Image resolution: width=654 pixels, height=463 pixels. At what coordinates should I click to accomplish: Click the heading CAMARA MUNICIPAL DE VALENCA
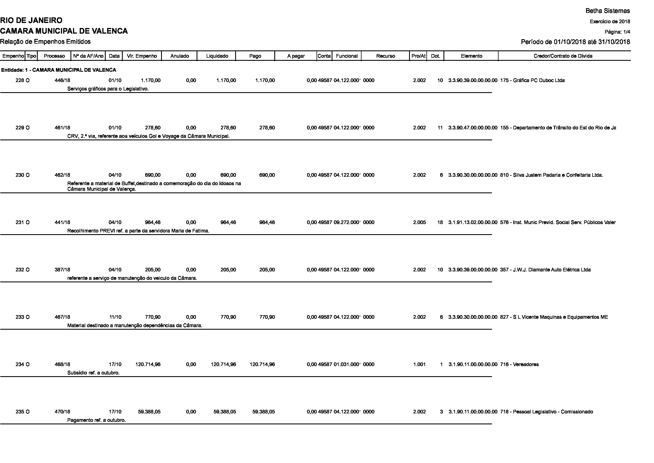pyautogui.click(x=64, y=31)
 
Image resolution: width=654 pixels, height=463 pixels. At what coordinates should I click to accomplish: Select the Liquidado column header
pyautogui.click(x=217, y=56)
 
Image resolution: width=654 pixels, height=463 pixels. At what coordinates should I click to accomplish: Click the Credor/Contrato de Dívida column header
pyautogui.click(x=563, y=56)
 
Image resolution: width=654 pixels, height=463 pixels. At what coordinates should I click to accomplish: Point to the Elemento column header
pyautogui.click(x=471, y=56)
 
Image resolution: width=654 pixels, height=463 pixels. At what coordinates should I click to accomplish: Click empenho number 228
pyautogui.click(x=20, y=80)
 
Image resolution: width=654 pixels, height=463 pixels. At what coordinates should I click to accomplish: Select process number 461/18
pyautogui.click(x=62, y=128)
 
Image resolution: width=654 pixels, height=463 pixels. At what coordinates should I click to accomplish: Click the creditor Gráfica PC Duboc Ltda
pyautogui.click(x=532, y=80)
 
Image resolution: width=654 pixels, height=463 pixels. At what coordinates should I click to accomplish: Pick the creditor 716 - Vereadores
pyautogui.click(x=519, y=364)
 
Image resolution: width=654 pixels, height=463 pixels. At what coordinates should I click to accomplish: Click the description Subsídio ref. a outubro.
pyautogui.click(x=93, y=373)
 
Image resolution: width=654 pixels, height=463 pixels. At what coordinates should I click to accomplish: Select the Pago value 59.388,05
pyautogui.click(x=263, y=412)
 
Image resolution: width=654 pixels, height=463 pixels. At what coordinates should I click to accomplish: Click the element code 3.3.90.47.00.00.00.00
pyautogui.click(x=473, y=128)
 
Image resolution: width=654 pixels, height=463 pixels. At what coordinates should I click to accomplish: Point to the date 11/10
pyautogui.click(x=115, y=317)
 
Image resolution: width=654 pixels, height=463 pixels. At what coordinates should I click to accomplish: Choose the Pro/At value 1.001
pyautogui.click(x=419, y=364)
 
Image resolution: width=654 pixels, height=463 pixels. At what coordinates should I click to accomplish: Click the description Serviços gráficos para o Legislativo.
pyautogui.click(x=108, y=89)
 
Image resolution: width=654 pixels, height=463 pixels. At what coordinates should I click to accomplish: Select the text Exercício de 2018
pyautogui.click(x=610, y=22)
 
